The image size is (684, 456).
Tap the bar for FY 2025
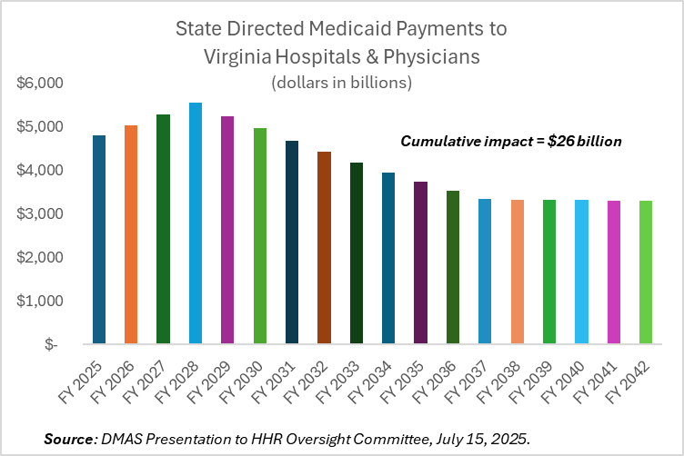(99, 240)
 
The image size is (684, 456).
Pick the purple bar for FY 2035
(421, 263)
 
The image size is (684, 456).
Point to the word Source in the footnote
(68, 439)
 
